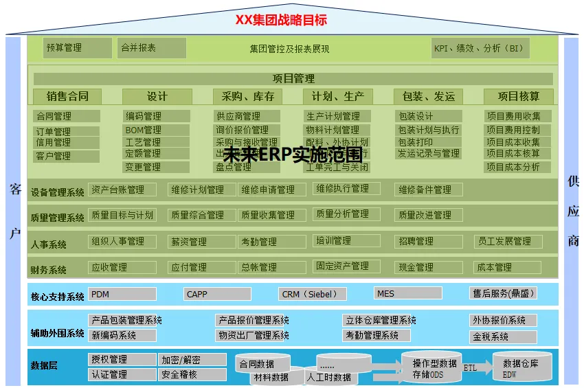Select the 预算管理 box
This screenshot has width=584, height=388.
point(76,48)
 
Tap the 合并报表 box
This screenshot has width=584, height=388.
point(151,48)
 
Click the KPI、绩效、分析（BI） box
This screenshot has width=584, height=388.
point(480,48)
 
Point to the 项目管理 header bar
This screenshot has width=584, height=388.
point(293,79)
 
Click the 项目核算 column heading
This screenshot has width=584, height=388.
point(518,97)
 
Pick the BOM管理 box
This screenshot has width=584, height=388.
point(156,130)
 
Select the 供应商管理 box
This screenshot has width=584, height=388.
point(247,116)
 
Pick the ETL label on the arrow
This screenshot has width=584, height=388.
point(470,368)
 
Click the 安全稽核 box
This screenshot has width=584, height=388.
point(192,375)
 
